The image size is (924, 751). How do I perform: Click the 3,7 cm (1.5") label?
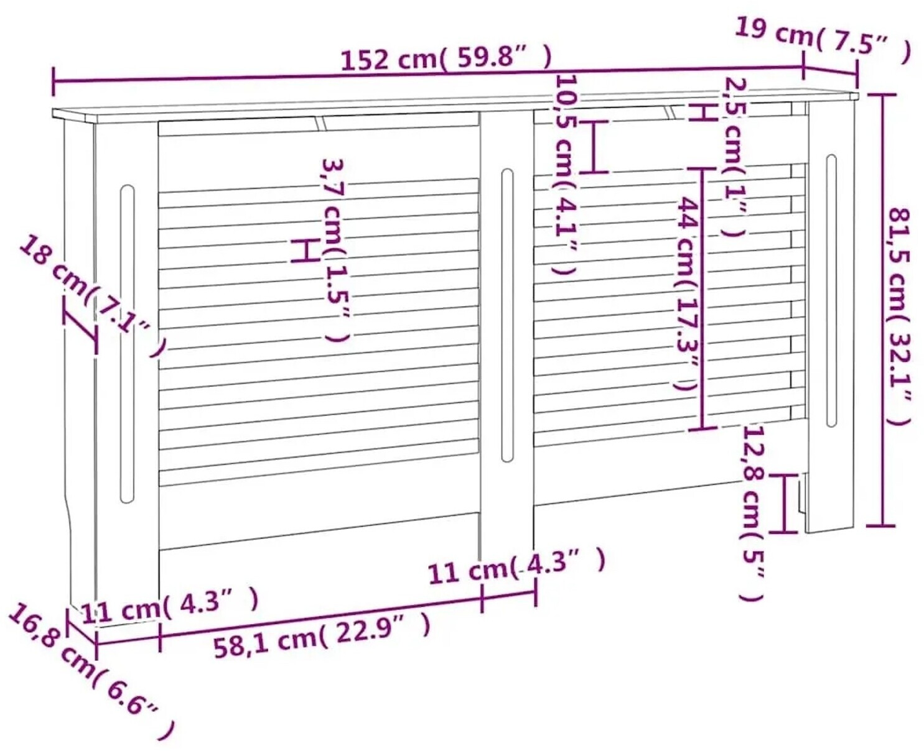(336, 251)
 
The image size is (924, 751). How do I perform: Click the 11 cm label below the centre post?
(516, 566)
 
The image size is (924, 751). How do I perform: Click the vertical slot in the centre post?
(506, 316)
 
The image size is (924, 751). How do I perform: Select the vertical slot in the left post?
(127, 344)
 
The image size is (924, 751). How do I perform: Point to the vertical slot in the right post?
(831, 290)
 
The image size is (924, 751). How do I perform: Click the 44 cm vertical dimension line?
(702, 298)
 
